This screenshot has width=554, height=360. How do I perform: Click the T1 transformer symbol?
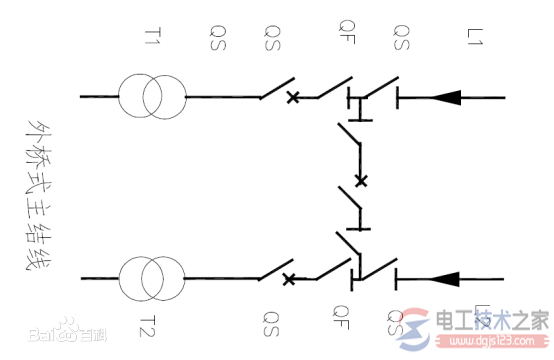(151, 98)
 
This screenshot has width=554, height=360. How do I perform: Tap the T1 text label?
(152, 39)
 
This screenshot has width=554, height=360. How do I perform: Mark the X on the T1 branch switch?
(293, 98)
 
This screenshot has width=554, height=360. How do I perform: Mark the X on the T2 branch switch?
(290, 278)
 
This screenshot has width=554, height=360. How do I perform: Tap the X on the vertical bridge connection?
(361, 181)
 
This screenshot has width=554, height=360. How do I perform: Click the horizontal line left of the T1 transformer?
(98, 98)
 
